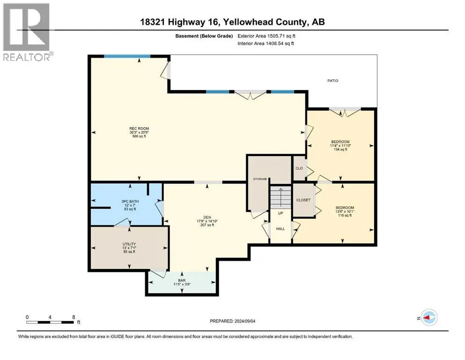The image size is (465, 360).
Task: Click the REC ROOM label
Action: pyautogui.click(x=139, y=128)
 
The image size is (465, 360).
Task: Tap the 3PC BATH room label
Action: pyautogui.click(x=130, y=201)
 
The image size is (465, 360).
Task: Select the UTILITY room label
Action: pyautogui.click(x=129, y=244)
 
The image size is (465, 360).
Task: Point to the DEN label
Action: pyautogui.click(x=207, y=217)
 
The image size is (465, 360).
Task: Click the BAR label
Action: pyautogui.click(x=182, y=280)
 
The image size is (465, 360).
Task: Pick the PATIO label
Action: pyautogui.click(x=333, y=81)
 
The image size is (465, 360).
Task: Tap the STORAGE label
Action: pyautogui.click(x=260, y=179)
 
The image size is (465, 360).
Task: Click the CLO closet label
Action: pyautogui.click(x=299, y=168)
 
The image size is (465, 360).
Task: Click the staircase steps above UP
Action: pyautogui.click(x=280, y=197)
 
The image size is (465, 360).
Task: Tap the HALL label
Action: pyautogui.click(x=280, y=229)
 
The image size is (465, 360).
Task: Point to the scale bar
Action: pyautogui.click(x=50, y=322)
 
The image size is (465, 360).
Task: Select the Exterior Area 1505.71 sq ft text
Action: pyautogui.click(x=266, y=36)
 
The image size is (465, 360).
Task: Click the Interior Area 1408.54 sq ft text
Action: pyautogui.click(x=266, y=44)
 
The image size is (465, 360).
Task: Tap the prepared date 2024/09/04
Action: pyautogui.click(x=244, y=321)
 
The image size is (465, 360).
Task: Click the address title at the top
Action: pyautogui.click(x=232, y=22)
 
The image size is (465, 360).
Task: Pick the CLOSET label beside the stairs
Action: pyautogui.click(x=303, y=200)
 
